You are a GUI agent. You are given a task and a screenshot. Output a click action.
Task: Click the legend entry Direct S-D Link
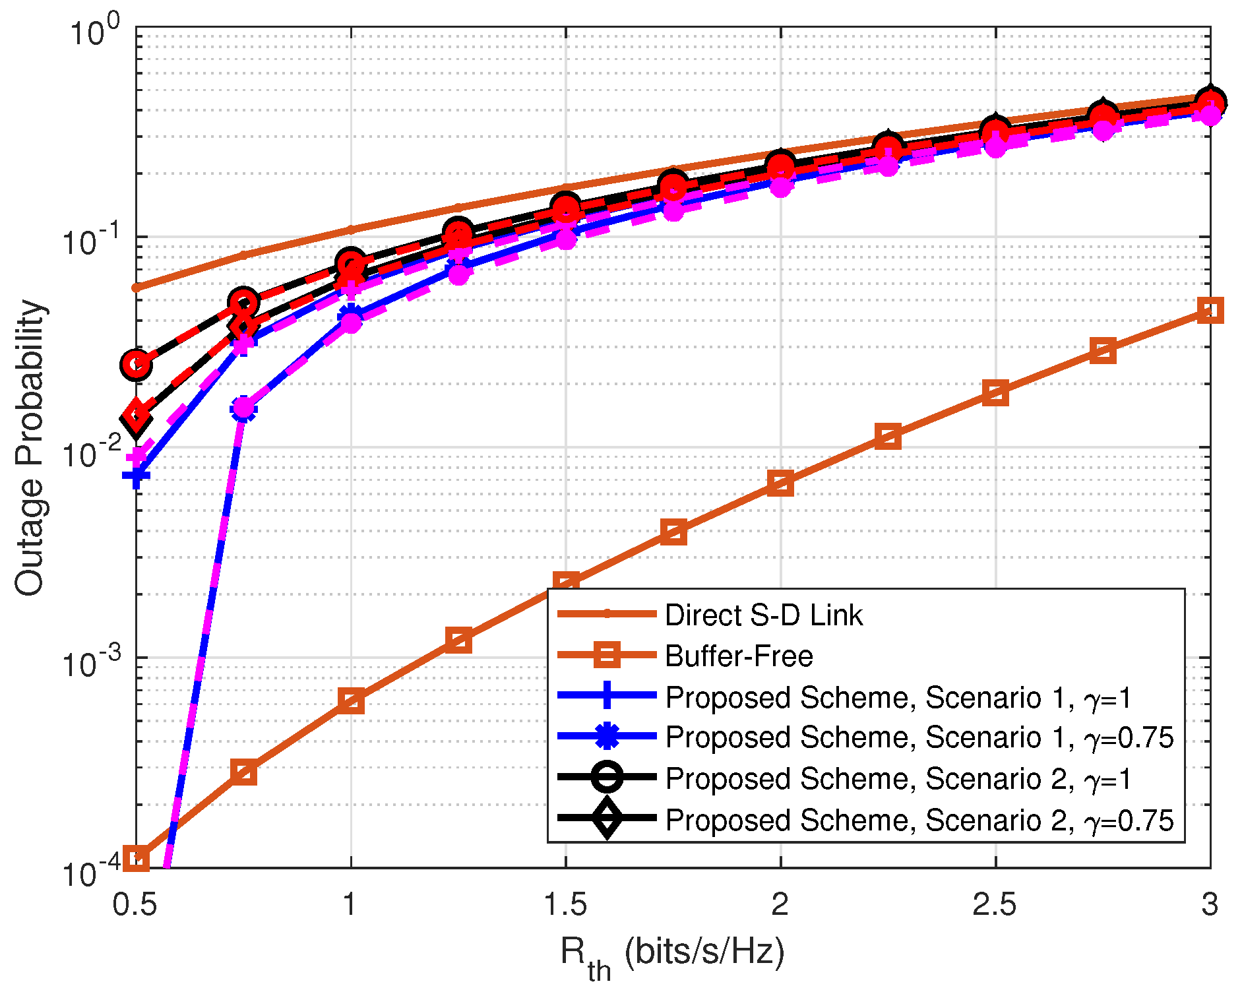click(x=763, y=615)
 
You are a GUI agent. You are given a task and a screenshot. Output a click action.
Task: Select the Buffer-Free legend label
click(x=739, y=656)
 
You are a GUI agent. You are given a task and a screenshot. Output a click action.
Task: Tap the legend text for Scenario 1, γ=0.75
click(x=919, y=737)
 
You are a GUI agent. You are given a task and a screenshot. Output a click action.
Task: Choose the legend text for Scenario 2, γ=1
click(x=898, y=779)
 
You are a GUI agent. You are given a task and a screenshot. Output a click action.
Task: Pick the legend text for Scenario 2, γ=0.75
click(x=919, y=821)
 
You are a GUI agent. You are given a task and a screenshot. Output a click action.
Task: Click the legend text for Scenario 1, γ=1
click(x=898, y=698)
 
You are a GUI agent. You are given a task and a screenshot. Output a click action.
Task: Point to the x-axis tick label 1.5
click(x=565, y=904)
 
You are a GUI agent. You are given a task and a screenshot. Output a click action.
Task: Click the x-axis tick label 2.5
click(x=995, y=904)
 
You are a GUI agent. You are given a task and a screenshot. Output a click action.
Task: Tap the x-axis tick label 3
click(x=1209, y=904)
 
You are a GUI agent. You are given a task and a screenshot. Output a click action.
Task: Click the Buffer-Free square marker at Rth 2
click(x=780, y=483)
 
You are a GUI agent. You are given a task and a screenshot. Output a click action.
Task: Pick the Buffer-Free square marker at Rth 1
click(x=351, y=701)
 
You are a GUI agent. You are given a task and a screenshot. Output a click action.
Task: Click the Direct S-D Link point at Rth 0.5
click(x=136, y=288)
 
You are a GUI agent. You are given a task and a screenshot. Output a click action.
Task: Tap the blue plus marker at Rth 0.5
click(x=136, y=476)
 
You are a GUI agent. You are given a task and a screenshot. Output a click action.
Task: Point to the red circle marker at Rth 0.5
click(x=136, y=364)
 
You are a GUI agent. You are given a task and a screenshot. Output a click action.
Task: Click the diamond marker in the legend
click(x=606, y=819)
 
